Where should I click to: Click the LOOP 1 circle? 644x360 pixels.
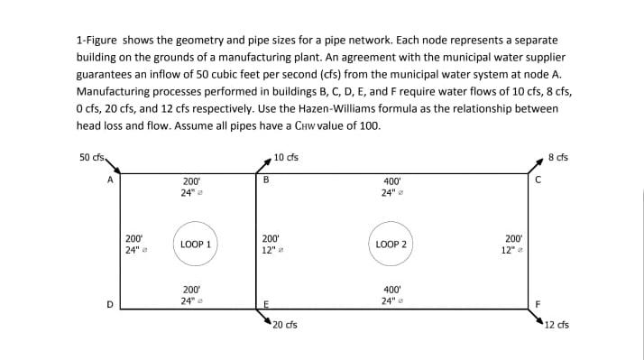[x=196, y=245]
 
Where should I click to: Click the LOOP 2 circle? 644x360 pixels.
[x=391, y=245]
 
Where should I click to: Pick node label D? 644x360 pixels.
[x=110, y=303]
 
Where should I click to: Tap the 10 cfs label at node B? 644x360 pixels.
[x=287, y=158]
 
